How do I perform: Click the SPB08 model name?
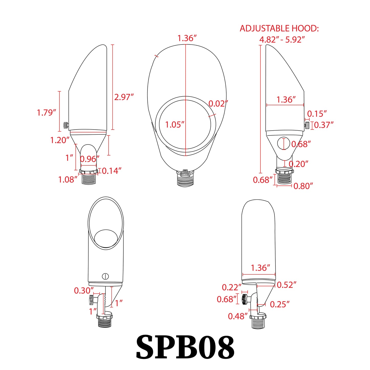pyautogui.click(x=185, y=347)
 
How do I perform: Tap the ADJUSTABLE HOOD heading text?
pyautogui.click(x=279, y=28)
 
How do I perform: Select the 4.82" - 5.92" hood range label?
pyautogui.click(x=282, y=40)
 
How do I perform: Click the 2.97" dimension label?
pyautogui.click(x=124, y=97)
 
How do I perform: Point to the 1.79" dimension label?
pyautogui.click(x=46, y=112)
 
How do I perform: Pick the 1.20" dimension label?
pyautogui.click(x=60, y=140)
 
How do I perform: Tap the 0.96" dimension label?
pyautogui.click(x=90, y=159)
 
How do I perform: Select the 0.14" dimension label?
pyautogui.click(x=112, y=171)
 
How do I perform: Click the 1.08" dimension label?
pyautogui.click(x=68, y=179)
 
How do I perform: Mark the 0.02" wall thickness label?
pyautogui.click(x=218, y=104)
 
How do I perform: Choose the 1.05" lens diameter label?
pyautogui.click(x=175, y=125)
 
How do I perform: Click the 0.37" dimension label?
pyautogui.click(x=324, y=125)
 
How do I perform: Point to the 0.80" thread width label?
pyautogui.click(x=303, y=186)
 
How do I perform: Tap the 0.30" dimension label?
pyautogui.click(x=84, y=291)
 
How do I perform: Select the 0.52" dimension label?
pyautogui.click(x=287, y=285)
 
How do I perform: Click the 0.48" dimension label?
pyautogui.click(x=238, y=316)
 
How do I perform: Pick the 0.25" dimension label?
pyautogui.click(x=280, y=304)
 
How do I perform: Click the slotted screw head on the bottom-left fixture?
pyautogui.click(x=105, y=276)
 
